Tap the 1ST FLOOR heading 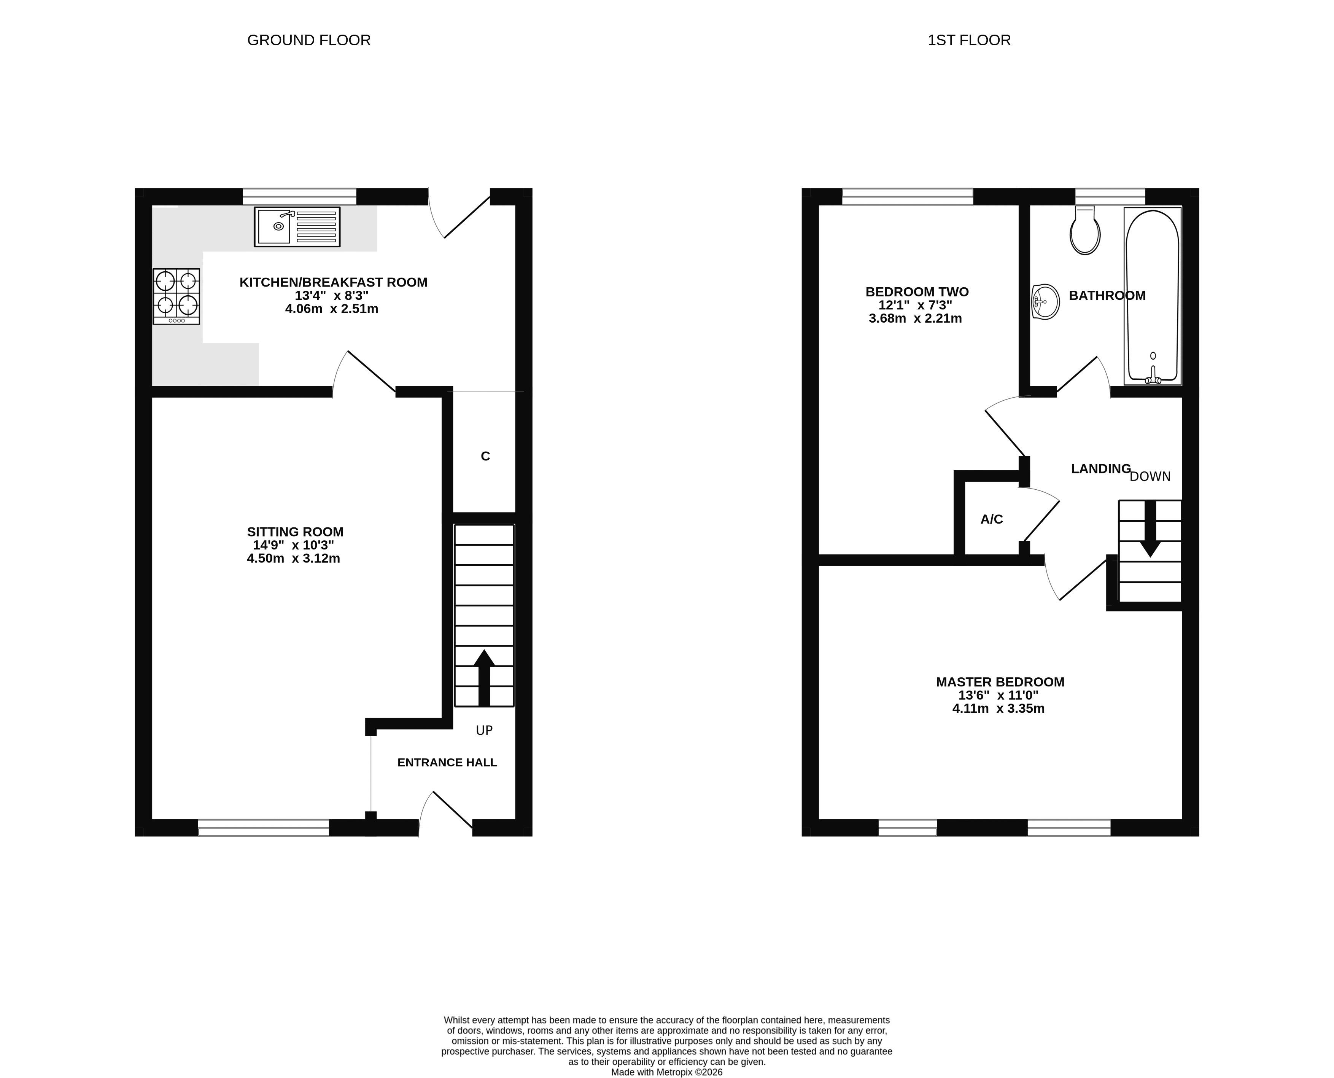[969, 40]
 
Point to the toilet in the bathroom [1085, 230]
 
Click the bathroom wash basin [1045, 302]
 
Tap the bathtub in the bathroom [1153, 296]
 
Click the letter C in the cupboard [485, 456]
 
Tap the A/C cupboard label [991, 519]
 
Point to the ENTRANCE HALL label [447, 763]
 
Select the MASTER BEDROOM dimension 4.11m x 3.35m [998, 709]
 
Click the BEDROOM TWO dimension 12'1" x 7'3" [915, 306]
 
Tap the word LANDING [1100, 469]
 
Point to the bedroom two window [908, 196]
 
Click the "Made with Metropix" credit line [667, 1072]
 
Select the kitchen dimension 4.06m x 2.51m [331, 309]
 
